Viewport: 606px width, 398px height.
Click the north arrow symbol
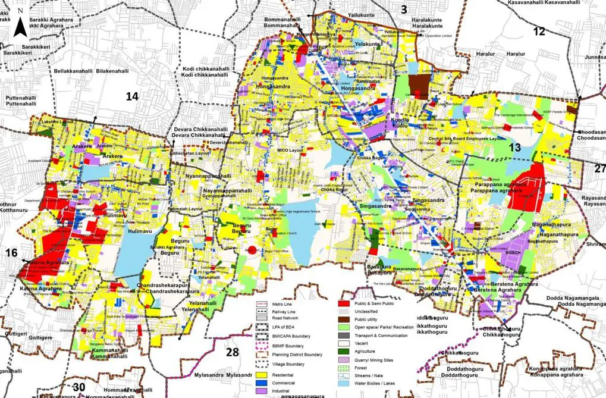point(20,24)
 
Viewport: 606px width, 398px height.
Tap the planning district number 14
point(131,96)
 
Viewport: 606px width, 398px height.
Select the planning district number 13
point(515,148)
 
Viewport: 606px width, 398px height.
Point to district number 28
point(232,352)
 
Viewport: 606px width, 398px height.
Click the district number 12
point(539,32)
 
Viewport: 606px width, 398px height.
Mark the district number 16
point(11,253)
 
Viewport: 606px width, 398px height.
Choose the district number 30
point(79,387)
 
